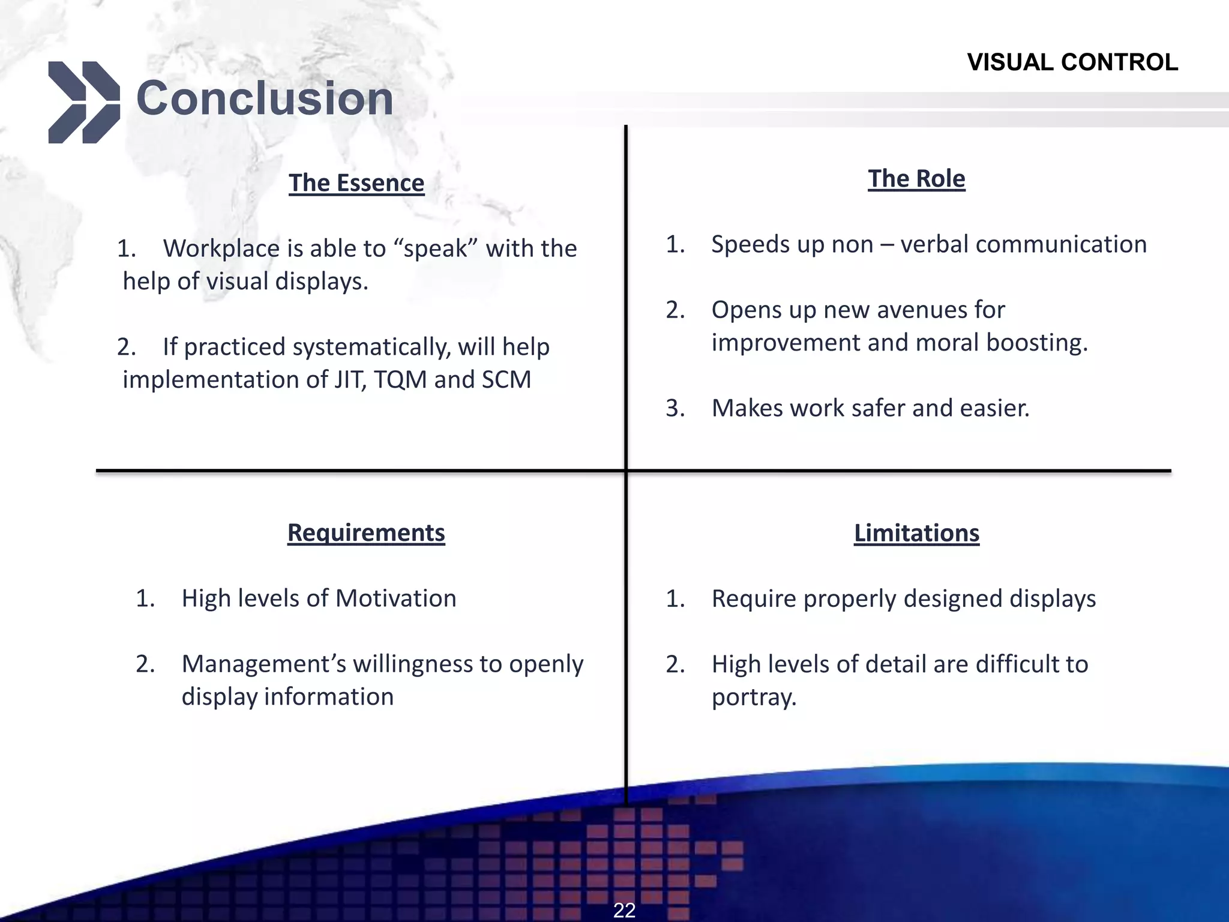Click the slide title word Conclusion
[x=265, y=98]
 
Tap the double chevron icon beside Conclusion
[x=83, y=102]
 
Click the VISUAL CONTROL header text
[x=1072, y=62]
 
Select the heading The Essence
[x=356, y=182]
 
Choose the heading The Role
[x=916, y=178]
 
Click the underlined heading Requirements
[x=366, y=532]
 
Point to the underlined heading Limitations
[x=916, y=533]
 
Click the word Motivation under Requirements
[x=395, y=598]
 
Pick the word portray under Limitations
[x=753, y=697]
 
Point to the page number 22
[x=624, y=910]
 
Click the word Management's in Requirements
[x=263, y=664]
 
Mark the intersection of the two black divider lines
[x=626, y=471]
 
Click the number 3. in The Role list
[x=675, y=408]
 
